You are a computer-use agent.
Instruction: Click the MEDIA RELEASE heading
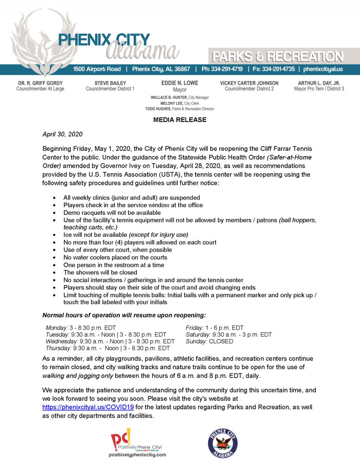click(x=180, y=120)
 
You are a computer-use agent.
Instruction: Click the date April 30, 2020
click(x=62, y=134)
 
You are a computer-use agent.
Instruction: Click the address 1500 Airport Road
click(x=97, y=69)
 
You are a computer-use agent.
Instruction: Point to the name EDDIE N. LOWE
click(x=180, y=83)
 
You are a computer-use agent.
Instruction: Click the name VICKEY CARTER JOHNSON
click(x=249, y=83)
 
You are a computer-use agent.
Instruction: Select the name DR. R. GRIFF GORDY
click(x=40, y=83)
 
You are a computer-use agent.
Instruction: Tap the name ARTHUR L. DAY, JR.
click(x=319, y=83)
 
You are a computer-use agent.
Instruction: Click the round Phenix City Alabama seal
click(x=222, y=443)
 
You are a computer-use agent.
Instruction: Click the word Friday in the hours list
click(x=194, y=328)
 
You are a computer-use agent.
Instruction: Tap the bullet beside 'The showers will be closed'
click(x=54, y=272)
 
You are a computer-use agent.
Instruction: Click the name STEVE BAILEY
click(x=110, y=83)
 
